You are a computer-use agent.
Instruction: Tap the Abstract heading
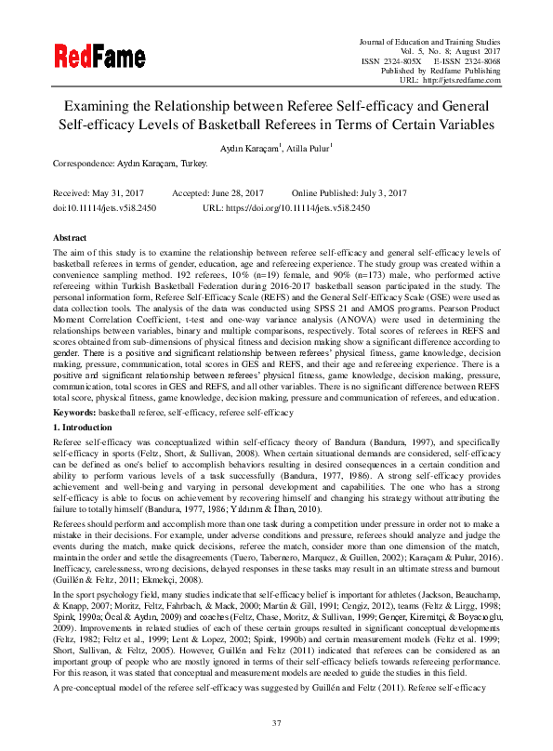tap(71, 238)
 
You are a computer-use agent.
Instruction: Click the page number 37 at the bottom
tap(276, 723)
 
